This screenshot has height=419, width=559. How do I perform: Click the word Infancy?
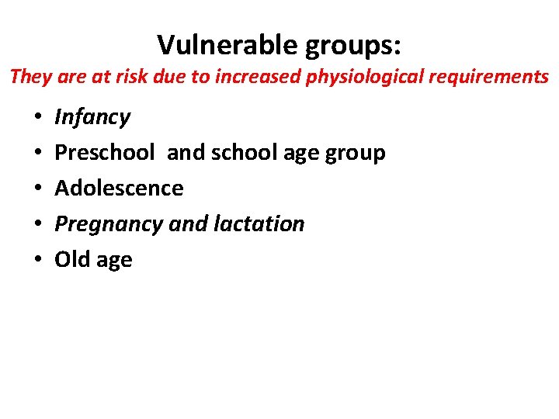92,117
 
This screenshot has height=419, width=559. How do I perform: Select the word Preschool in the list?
105,153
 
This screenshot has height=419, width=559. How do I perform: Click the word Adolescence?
119,189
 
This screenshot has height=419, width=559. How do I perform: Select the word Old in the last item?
72,260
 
